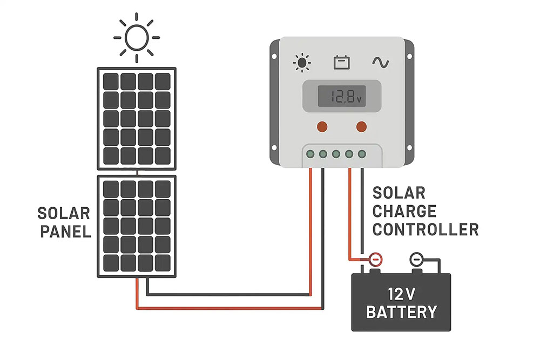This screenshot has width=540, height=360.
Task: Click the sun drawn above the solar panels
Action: [x=137, y=37]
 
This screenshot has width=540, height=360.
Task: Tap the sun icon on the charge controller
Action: [x=302, y=63]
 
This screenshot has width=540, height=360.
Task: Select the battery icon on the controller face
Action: [x=342, y=63]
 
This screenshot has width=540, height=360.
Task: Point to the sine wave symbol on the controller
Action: [x=380, y=63]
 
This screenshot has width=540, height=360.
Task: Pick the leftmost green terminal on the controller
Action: [x=310, y=154]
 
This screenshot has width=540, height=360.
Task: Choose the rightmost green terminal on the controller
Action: [x=362, y=154]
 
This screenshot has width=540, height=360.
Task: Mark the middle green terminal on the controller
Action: [x=336, y=154]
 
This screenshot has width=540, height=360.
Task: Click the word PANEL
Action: [x=64, y=232]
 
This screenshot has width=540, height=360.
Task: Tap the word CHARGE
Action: [x=404, y=211]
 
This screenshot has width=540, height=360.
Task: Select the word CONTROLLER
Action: [x=426, y=229]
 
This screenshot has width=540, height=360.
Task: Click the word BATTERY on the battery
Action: [x=401, y=311]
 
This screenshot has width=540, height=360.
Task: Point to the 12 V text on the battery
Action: [x=401, y=294]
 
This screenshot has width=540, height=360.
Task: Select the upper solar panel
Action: [x=137, y=118]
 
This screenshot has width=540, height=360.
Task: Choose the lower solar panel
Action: [x=137, y=226]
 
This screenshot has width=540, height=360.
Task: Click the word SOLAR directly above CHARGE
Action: [x=399, y=193]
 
